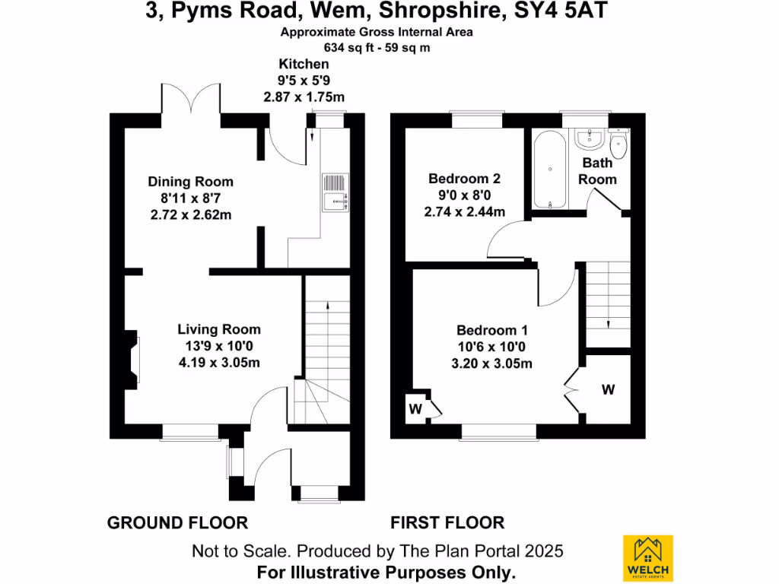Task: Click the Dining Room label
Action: [190, 182]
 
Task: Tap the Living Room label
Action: [219, 329]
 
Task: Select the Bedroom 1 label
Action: [492, 330]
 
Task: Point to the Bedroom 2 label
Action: [464, 179]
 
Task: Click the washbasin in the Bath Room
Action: [589, 138]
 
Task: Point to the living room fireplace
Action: [133, 356]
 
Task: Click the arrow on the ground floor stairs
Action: [328, 308]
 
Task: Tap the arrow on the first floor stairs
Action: [608, 323]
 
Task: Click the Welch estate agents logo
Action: [647, 558]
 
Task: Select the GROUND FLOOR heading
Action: [177, 522]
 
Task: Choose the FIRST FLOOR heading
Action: [447, 522]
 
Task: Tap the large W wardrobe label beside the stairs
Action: [608, 389]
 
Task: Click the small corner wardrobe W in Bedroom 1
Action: [416, 408]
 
